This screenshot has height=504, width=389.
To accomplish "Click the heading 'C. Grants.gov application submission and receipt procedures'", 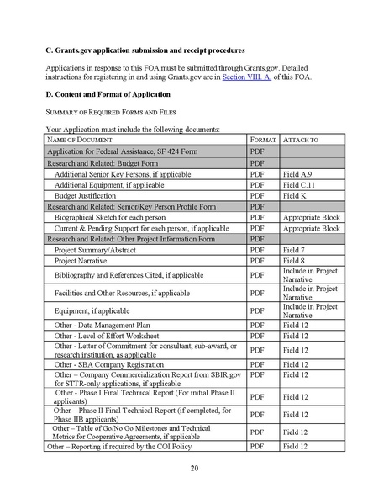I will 146,50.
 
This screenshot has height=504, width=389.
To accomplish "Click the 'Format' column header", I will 263,138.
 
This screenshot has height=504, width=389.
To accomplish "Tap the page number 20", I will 194,468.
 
